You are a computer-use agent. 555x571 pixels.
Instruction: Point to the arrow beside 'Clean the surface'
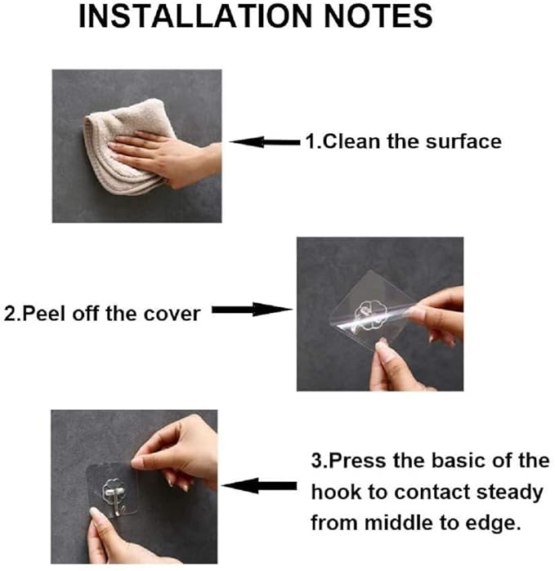pyautogui.click(x=264, y=142)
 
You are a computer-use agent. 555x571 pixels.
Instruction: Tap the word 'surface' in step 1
pyautogui.click(x=463, y=142)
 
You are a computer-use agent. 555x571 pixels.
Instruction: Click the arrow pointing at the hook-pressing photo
pyautogui.click(x=253, y=486)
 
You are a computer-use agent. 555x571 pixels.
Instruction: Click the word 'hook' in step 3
pyautogui.click(x=334, y=493)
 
